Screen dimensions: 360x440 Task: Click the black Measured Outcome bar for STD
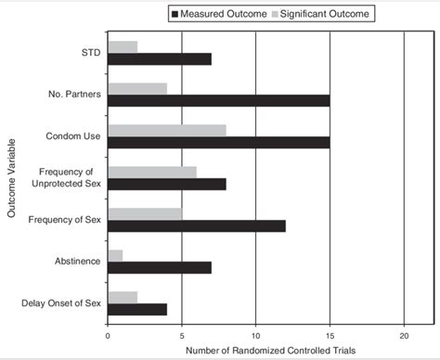pyautogui.click(x=160, y=59)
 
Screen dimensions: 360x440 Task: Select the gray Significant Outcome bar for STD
pyautogui.click(x=123, y=47)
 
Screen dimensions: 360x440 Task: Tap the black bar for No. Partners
pyautogui.click(x=218, y=100)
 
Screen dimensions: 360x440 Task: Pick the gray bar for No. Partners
pyautogui.click(x=137, y=89)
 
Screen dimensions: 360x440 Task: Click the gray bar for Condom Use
pyautogui.click(x=167, y=130)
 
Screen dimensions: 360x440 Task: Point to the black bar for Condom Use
pyautogui.click(x=218, y=142)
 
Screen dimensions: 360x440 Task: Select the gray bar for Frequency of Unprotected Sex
pyautogui.click(x=152, y=172)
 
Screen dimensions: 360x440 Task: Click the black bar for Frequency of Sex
pyautogui.click(x=197, y=225)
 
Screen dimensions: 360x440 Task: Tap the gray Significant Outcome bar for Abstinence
pyautogui.click(x=115, y=255)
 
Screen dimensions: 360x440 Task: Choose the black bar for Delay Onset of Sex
pyautogui.click(x=137, y=309)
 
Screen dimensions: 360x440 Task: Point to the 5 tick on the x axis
pyautogui.click(x=182, y=335)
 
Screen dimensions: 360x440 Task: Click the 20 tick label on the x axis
pyautogui.click(x=403, y=335)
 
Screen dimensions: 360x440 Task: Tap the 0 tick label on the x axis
pyautogui.click(x=109, y=335)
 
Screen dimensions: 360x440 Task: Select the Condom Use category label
pyautogui.click(x=75, y=136)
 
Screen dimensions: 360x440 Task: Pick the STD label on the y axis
pyautogui.click(x=90, y=53)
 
